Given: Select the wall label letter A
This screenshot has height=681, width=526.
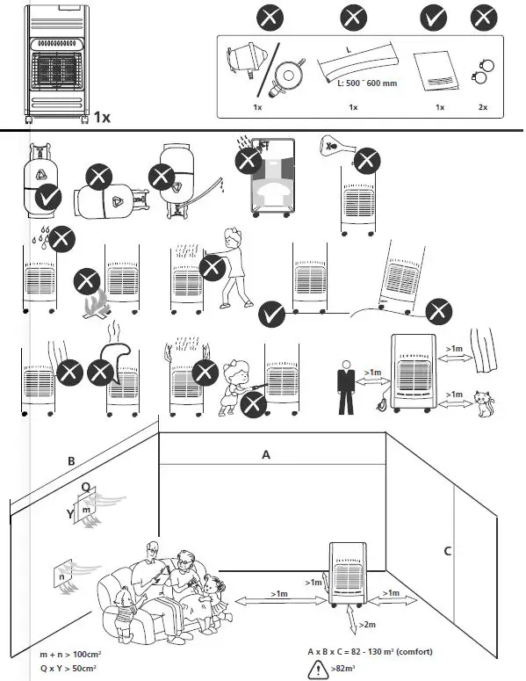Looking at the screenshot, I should coord(266,455).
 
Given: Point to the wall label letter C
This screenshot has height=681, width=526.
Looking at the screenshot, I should coord(447,552).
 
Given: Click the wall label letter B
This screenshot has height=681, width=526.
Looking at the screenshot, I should coord(71,461).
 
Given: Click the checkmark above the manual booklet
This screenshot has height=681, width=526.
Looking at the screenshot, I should coord(433,18).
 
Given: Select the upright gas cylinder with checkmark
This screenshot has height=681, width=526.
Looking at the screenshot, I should coord(39,179).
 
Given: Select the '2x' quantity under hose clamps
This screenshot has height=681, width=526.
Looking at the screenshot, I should coord(481,107).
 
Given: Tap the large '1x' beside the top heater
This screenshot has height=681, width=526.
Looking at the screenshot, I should coord(102,117).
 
